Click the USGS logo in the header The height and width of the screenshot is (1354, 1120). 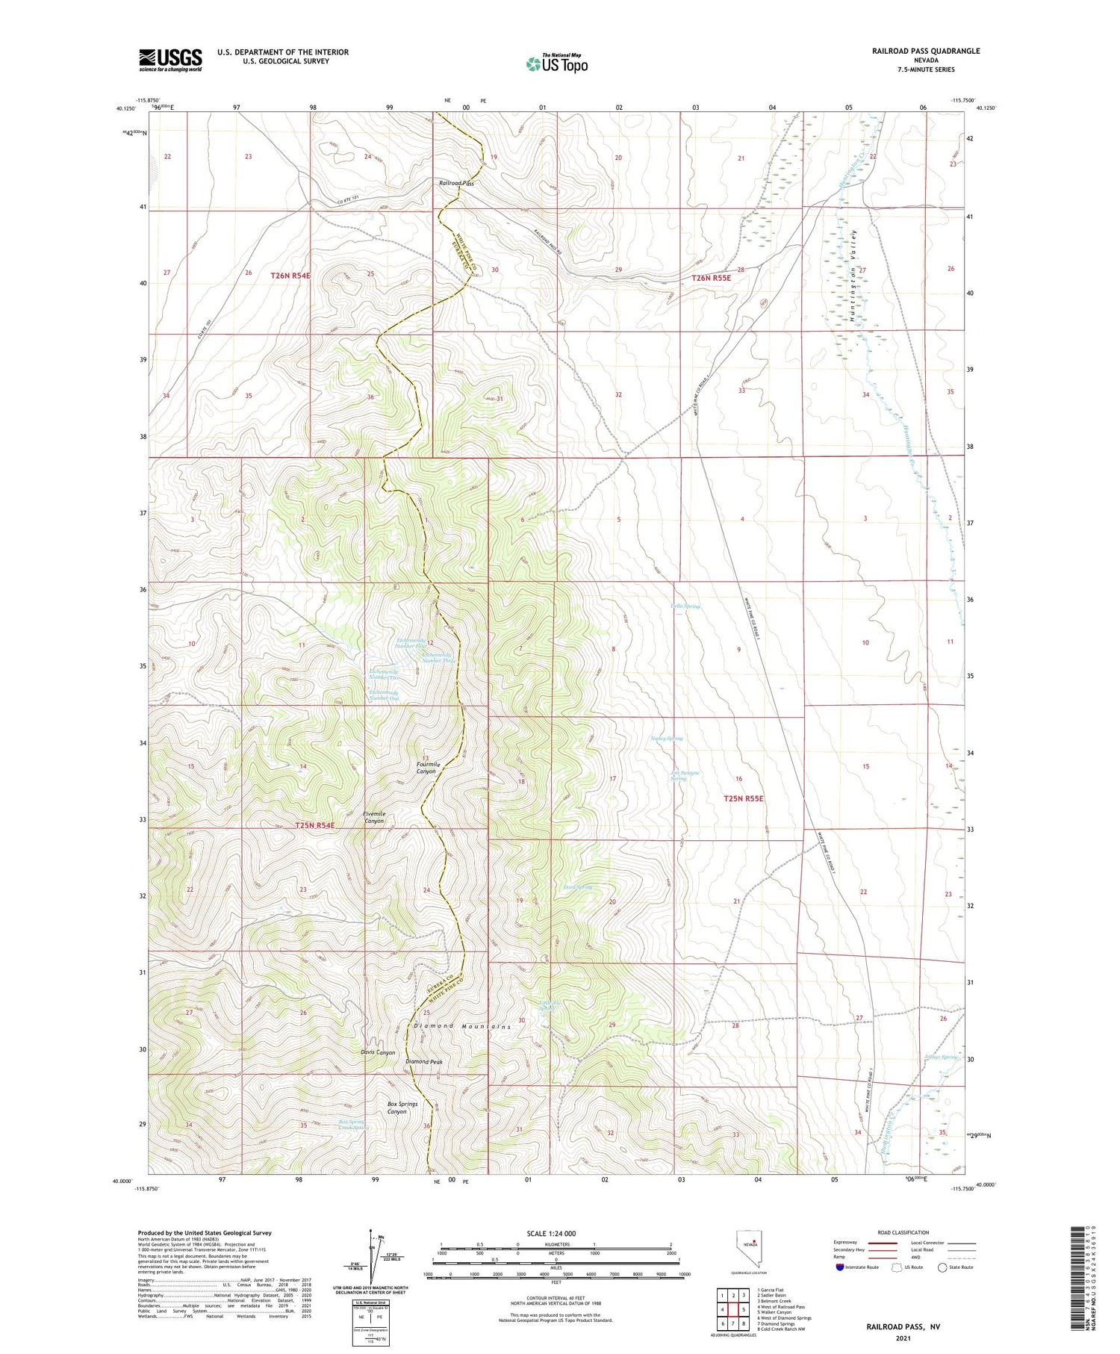click(x=170, y=60)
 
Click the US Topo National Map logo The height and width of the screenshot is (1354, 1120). click(x=557, y=63)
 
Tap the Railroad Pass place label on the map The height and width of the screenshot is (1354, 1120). click(x=456, y=183)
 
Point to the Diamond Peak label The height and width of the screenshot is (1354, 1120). click(x=424, y=1061)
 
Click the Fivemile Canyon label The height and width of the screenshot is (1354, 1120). click(x=374, y=817)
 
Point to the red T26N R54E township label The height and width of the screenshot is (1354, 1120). click(x=290, y=276)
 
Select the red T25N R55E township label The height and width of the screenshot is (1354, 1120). click(x=743, y=798)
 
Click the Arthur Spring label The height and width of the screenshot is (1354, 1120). click(x=940, y=1057)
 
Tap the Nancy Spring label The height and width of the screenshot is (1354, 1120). click(x=666, y=738)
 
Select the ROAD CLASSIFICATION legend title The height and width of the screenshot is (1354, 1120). click(x=903, y=1232)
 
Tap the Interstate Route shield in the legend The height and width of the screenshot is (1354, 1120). click(x=840, y=1267)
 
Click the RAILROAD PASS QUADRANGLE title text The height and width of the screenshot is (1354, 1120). click(x=925, y=51)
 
